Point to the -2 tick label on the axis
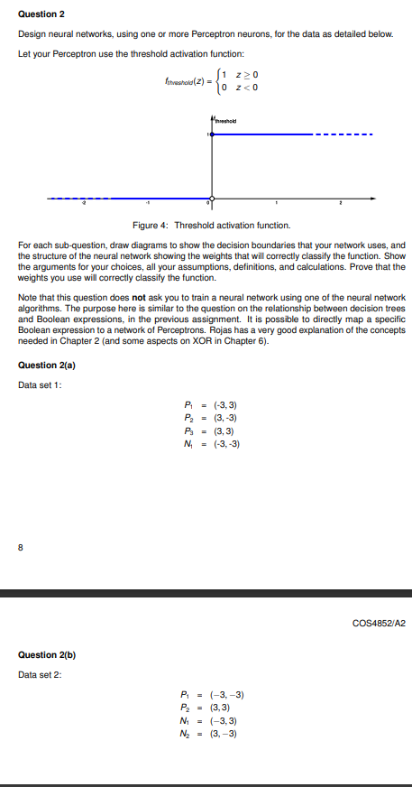tap(79, 205)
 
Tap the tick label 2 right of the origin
tap(342, 205)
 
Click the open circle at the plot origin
tap(212, 198)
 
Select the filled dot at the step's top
tap(212, 134)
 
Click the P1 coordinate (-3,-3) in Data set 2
tap(226, 694)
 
